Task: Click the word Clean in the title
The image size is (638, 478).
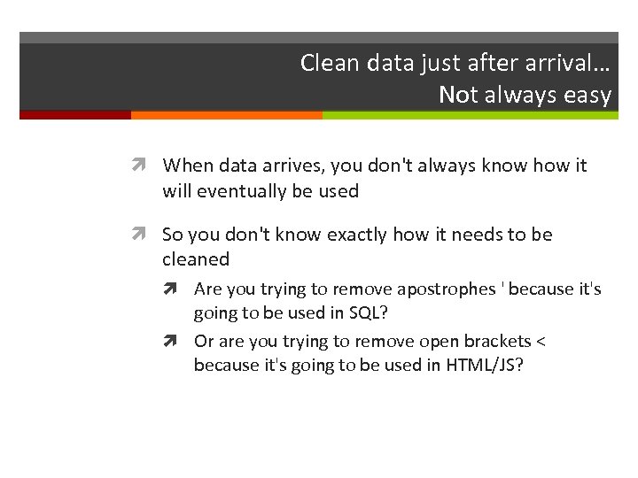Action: click(x=325, y=63)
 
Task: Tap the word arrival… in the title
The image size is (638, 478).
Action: click(x=567, y=63)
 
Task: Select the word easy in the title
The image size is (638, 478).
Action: click(x=589, y=95)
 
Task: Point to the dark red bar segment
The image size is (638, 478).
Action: click(x=75, y=115)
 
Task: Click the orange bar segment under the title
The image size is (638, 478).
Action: click(x=226, y=115)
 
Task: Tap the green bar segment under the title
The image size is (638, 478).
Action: click(x=470, y=115)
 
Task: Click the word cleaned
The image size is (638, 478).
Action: click(x=196, y=259)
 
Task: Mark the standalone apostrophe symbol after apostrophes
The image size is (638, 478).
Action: click(x=502, y=286)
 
